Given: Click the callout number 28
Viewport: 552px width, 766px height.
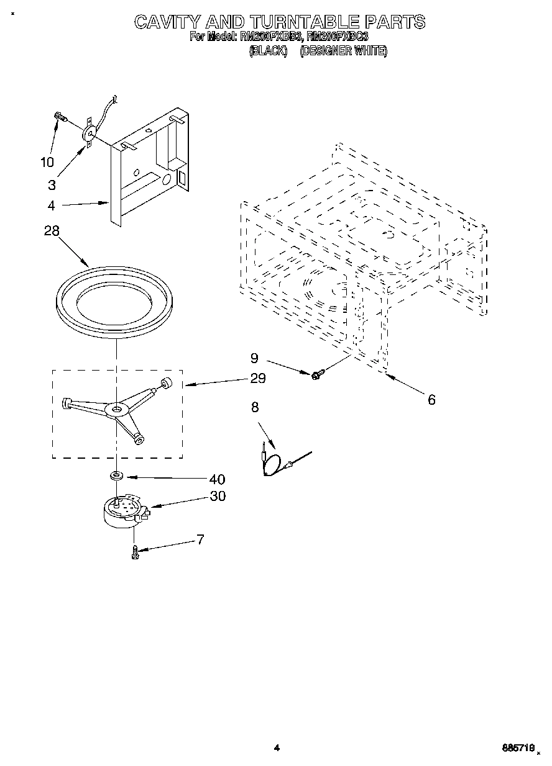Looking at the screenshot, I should tap(52, 231).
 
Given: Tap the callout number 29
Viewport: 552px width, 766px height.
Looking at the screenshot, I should tap(257, 378).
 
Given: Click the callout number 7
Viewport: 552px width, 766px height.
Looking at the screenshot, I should tap(200, 539).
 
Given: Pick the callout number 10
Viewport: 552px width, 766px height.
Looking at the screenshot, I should tap(47, 163).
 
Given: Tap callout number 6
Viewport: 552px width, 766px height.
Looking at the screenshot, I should tap(431, 400).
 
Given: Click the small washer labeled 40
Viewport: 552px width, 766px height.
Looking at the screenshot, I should tap(116, 476).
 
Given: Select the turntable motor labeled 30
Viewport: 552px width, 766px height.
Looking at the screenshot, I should tap(124, 513).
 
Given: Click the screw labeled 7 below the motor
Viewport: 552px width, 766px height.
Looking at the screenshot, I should tap(134, 552).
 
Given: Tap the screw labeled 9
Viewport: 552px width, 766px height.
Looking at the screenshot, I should tap(317, 374).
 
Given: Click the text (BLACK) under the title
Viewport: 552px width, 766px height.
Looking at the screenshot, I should tap(268, 52).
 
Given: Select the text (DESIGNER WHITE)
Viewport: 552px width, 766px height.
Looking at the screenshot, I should tap(344, 52).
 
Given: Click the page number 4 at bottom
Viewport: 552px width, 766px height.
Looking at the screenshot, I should tap(277, 749).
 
